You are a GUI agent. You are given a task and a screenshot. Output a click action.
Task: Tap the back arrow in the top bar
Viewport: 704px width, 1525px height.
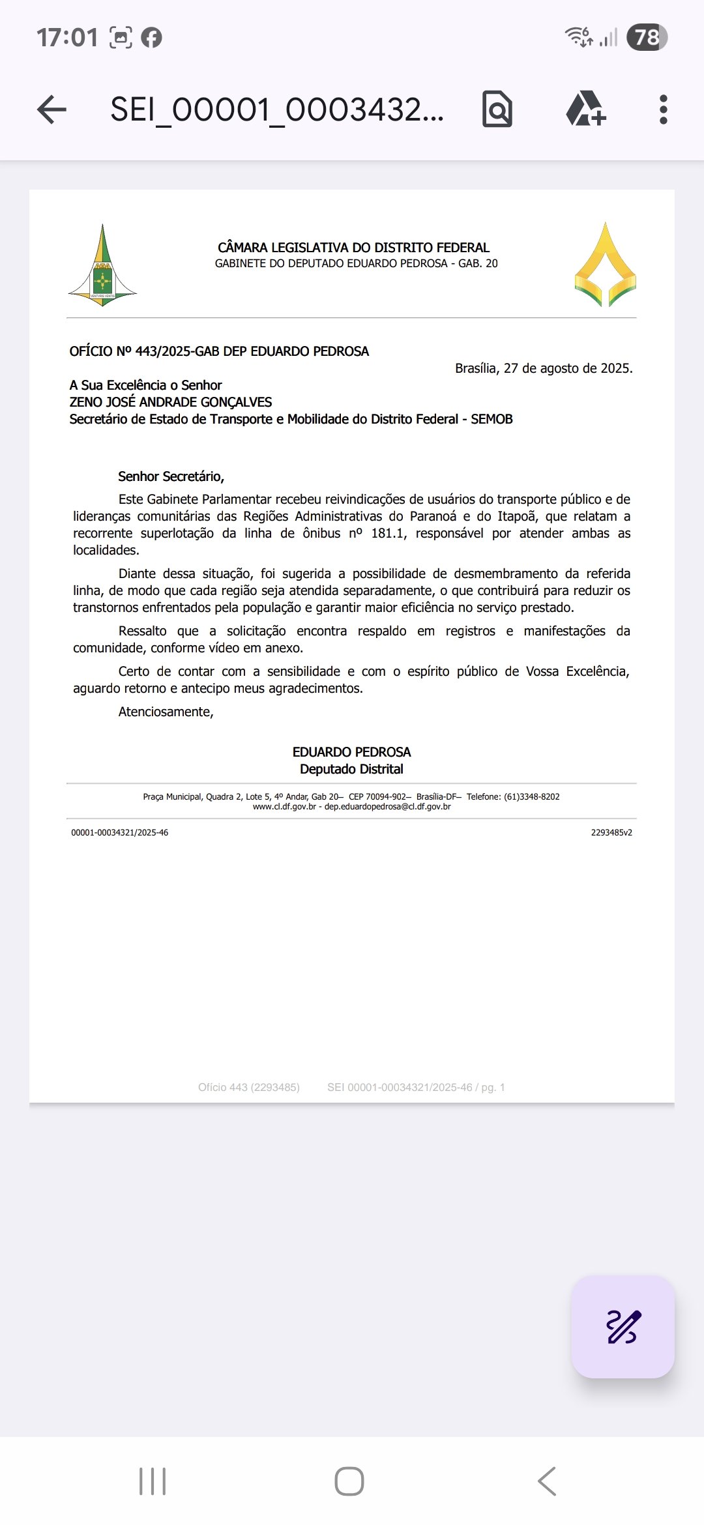tap(52, 109)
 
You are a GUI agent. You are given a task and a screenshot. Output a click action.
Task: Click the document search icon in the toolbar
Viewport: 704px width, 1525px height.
tap(497, 109)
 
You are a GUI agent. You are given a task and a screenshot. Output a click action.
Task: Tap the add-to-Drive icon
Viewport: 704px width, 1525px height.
tap(585, 109)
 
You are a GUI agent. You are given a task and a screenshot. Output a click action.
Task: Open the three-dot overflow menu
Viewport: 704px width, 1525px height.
tap(663, 109)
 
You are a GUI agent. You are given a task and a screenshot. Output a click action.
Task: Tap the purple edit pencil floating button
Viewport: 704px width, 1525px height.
tap(623, 1326)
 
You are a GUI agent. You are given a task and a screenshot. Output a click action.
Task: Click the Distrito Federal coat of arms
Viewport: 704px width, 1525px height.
tap(102, 267)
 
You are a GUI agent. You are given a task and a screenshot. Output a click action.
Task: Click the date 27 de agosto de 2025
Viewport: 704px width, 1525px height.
tap(567, 368)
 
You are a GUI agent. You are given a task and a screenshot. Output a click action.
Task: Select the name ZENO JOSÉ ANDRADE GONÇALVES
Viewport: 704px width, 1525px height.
tap(171, 402)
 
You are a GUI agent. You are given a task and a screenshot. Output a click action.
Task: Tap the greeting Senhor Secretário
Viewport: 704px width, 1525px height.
tap(171, 476)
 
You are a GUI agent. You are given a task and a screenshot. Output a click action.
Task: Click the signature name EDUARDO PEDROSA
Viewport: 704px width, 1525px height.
tap(351, 752)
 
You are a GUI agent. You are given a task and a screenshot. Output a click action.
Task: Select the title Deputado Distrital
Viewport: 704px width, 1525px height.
tap(351, 769)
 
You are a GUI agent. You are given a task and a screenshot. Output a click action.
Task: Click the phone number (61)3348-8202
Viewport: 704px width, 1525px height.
tap(531, 796)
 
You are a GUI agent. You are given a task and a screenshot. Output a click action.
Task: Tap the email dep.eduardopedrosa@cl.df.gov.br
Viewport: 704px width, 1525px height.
tap(387, 807)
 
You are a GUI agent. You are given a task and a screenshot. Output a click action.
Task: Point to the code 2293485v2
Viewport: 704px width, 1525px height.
tap(611, 832)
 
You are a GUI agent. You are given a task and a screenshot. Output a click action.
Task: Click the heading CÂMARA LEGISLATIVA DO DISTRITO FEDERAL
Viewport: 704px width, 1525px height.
tap(353, 248)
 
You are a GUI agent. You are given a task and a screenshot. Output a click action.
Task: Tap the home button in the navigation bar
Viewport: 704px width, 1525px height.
tap(349, 1481)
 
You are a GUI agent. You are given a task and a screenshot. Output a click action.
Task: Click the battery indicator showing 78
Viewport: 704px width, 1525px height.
tap(647, 37)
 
